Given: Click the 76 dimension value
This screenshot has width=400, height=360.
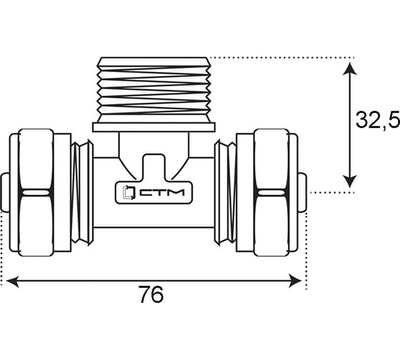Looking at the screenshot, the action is point(151,294).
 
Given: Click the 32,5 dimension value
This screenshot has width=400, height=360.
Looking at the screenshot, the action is point(378,120).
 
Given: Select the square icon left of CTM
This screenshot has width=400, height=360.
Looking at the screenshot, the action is point(129,192).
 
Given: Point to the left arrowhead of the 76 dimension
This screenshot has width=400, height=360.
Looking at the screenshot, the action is point(12,281).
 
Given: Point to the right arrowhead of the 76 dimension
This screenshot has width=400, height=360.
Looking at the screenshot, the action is point(295,281).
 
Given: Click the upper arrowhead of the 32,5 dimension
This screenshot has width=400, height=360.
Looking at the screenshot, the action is point(349,69).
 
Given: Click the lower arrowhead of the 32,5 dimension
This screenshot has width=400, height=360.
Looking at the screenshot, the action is point(349,181).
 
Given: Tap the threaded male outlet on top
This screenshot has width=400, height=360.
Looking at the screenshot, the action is point(154,90).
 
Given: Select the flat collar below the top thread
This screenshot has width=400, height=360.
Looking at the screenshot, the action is point(154,127).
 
